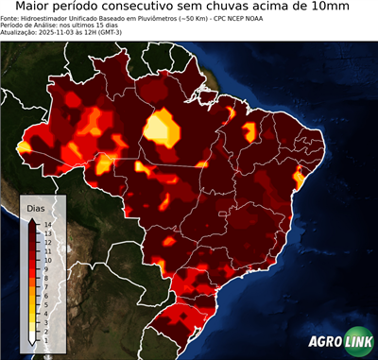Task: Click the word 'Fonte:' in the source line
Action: pyautogui.click(x=10, y=19)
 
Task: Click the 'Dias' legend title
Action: pyautogui.click(x=36, y=207)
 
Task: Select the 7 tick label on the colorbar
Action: pyautogui.click(x=46, y=280)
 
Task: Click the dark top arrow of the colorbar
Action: pyautogui.click(x=33, y=220)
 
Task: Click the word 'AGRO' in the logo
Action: pyautogui.click(x=323, y=343)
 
